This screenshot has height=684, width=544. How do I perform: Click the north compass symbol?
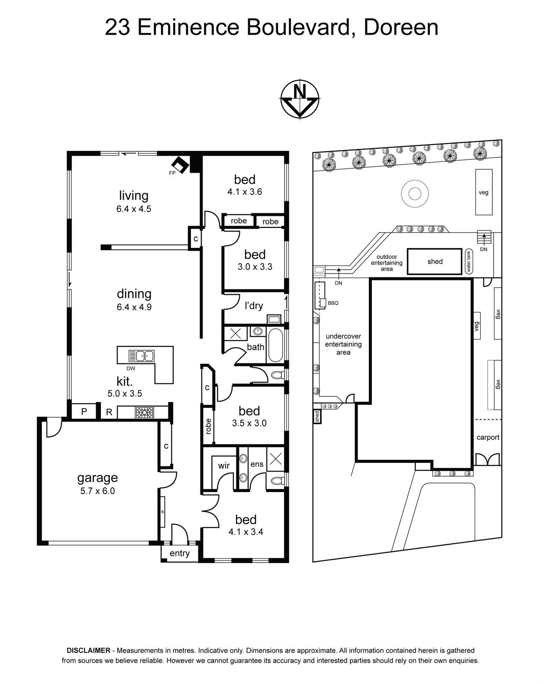300,99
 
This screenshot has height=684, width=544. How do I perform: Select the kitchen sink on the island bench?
141,356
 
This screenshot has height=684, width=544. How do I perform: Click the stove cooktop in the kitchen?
144,412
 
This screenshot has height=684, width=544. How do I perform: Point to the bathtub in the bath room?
275,345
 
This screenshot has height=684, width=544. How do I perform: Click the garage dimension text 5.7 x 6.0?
97,491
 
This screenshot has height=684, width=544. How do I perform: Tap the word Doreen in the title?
401,27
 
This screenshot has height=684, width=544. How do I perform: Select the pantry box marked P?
84,412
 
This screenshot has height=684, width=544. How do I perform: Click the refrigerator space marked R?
109,412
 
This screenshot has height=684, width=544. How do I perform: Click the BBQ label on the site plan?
333,303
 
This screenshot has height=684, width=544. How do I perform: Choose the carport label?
488,437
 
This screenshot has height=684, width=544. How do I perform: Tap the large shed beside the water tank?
434,261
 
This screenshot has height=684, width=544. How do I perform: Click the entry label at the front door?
179,553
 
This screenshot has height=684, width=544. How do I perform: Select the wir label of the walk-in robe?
223,466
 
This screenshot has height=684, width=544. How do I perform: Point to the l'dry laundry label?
253,306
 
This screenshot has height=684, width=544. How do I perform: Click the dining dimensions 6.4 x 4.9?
134,307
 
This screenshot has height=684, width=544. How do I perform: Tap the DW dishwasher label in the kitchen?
131,369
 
